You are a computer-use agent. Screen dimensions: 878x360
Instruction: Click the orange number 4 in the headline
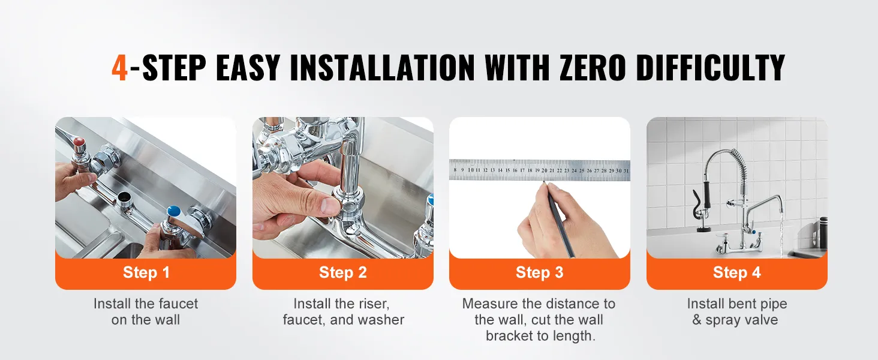(x=119, y=68)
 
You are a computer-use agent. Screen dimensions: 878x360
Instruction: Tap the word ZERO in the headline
(x=593, y=68)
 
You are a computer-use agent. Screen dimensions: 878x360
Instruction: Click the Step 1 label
(x=146, y=272)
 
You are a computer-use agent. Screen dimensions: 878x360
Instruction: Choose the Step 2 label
(x=343, y=272)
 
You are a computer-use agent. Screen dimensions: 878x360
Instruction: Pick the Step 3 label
(x=540, y=272)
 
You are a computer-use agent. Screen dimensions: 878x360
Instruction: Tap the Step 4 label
(x=737, y=272)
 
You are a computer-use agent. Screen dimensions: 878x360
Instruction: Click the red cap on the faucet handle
(x=80, y=142)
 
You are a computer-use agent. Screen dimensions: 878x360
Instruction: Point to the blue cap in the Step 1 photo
(x=173, y=211)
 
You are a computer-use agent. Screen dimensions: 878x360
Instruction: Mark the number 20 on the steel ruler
(x=545, y=170)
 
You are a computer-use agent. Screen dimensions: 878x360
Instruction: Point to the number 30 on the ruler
(x=618, y=170)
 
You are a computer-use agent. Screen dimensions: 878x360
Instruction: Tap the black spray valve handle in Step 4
(x=706, y=194)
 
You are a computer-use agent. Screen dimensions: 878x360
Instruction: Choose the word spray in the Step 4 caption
(x=723, y=320)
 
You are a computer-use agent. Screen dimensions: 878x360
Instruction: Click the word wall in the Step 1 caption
(x=167, y=320)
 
